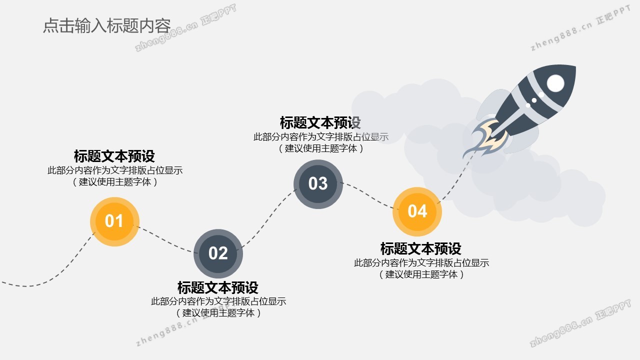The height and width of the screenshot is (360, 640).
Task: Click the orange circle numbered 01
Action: (114, 221)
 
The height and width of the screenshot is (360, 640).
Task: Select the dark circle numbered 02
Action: (218, 253)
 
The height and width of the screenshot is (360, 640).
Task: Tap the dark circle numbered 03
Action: (318, 184)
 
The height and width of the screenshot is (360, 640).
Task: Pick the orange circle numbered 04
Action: (417, 211)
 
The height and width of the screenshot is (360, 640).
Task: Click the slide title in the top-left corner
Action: (107, 25)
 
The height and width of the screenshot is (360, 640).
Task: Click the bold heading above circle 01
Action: (114, 156)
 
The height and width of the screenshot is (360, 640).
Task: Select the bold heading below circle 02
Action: (218, 287)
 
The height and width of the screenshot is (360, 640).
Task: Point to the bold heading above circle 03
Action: (320, 122)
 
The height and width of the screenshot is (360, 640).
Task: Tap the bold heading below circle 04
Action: (421, 248)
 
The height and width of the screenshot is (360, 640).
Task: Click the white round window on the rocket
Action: (555, 83)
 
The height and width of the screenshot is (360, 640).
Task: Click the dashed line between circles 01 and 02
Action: (165, 240)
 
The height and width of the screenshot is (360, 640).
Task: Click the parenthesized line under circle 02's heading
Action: (218, 313)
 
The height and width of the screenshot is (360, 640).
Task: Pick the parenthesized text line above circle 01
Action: (115, 181)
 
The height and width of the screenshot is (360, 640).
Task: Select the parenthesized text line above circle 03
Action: (321, 148)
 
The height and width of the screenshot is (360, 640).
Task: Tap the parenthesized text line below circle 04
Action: (421, 274)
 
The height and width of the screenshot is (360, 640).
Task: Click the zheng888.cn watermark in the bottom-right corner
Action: (580, 323)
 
